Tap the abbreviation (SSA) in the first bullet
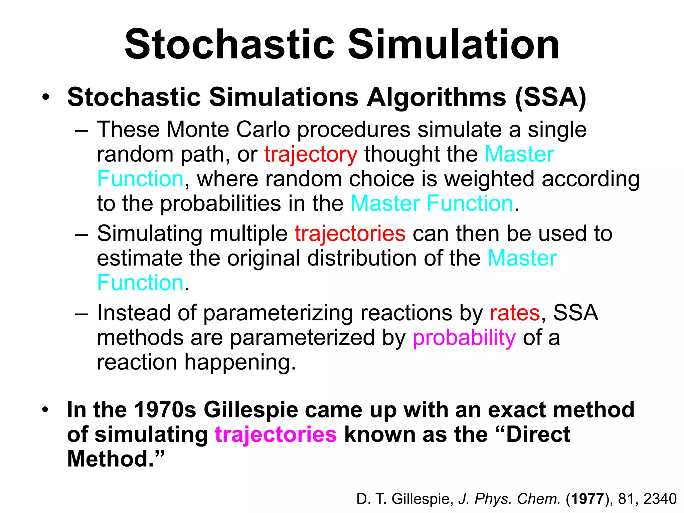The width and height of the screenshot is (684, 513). coord(551,98)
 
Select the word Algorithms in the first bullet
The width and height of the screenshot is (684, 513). coord(437,98)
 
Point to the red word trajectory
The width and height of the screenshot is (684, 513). coord(311,155)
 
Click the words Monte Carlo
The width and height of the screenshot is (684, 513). coord(228,130)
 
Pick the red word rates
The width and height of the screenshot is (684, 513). coord(515,313)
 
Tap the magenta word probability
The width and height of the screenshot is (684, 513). coord(464,338)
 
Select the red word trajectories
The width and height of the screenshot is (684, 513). coord(350,233)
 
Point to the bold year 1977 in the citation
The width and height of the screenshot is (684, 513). coord(587,499)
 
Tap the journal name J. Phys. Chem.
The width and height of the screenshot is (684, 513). coord(509,499)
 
